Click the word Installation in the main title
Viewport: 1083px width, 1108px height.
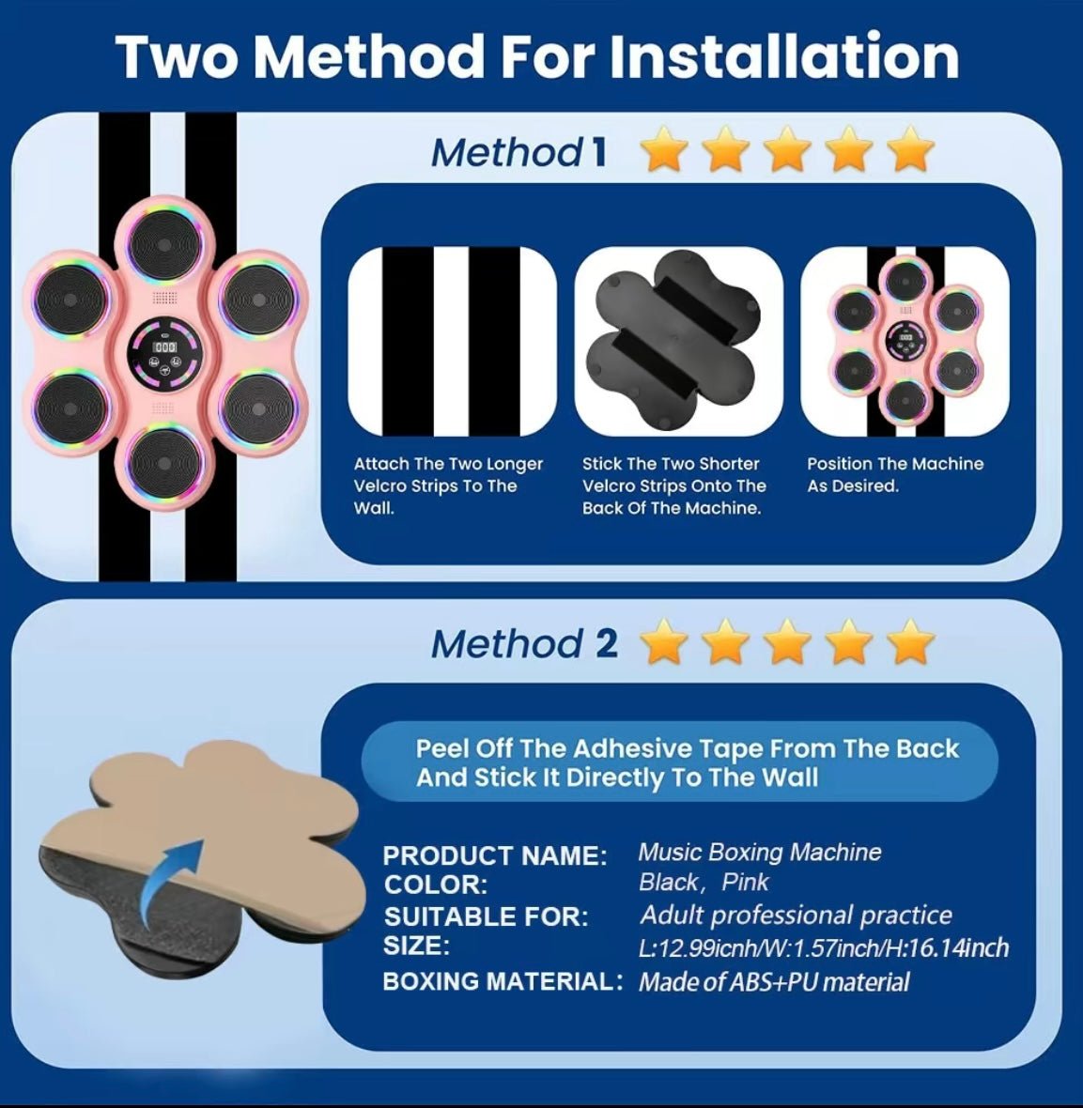[x=783, y=55]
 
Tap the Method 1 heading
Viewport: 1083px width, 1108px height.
[x=518, y=152]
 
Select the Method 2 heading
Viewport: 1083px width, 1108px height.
[x=524, y=644]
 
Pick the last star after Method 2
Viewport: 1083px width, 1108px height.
[x=910, y=641]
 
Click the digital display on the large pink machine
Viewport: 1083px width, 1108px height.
[x=164, y=347]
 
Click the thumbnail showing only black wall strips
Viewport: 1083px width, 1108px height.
[x=453, y=341]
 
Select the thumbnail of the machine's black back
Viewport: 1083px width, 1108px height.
[x=679, y=341]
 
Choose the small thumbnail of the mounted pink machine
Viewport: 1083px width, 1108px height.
[x=905, y=341]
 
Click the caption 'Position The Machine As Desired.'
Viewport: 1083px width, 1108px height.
[x=895, y=475]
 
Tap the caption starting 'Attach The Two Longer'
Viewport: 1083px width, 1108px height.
[x=448, y=485]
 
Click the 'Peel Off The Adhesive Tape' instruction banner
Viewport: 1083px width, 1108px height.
[x=679, y=762]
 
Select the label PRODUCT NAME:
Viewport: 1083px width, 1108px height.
[x=495, y=855]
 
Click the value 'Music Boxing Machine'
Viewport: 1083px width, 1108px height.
[x=760, y=853]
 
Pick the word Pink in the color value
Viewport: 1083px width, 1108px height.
[x=745, y=882]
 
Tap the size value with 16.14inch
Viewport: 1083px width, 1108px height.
[x=824, y=947]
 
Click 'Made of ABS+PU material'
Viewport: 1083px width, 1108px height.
[x=774, y=982]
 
